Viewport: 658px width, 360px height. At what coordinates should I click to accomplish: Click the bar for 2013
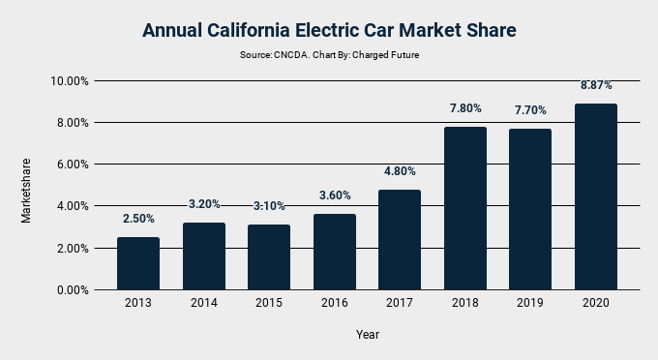tap(138, 263)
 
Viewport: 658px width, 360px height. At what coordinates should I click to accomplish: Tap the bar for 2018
tap(465, 208)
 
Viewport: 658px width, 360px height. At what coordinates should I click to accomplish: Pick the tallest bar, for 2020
tap(596, 196)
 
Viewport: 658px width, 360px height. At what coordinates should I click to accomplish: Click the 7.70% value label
tap(530, 111)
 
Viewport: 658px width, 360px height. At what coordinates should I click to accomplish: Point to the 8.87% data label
tap(596, 86)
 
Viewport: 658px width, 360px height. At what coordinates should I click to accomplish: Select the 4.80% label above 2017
tap(400, 171)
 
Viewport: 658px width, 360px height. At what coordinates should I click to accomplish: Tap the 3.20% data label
tap(204, 204)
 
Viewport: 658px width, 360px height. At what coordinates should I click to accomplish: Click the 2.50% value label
tap(138, 219)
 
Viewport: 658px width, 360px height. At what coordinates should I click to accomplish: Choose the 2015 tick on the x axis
tap(269, 304)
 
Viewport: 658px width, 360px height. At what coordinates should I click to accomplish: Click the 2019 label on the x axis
tap(530, 304)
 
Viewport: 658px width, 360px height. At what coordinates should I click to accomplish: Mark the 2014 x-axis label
tap(204, 304)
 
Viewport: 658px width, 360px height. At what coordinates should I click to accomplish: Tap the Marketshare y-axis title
tap(27, 191)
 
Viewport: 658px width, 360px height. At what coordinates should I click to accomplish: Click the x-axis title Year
tap(367, 335)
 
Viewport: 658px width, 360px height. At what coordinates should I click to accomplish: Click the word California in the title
tap(257, 31)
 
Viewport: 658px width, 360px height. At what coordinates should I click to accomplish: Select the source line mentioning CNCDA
tap(329, 55)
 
